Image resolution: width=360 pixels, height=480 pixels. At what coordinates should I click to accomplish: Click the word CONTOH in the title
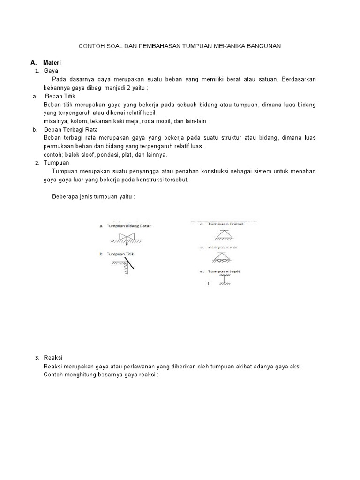click(x=90, y=46)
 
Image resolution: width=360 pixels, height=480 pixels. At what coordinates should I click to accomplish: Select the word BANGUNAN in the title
click(x=263, y=46)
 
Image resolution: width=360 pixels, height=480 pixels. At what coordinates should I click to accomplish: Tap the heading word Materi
click(x=52, y=62)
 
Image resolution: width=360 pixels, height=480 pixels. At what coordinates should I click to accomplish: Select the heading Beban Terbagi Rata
click(x=71, y=129)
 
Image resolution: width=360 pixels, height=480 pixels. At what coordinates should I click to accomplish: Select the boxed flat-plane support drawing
click(x=127, y=237)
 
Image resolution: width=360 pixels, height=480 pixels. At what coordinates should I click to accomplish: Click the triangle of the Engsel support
click(x=224, y=233)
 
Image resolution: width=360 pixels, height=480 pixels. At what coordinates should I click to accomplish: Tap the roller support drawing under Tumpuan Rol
click(x=223, y=256)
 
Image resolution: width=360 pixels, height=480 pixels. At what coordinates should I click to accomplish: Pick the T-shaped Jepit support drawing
click(x=224, y=279)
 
